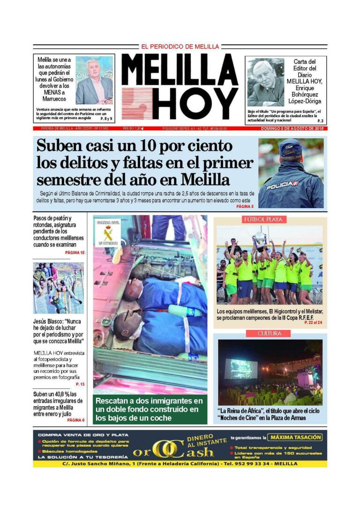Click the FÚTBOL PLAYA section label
[x=264, y=220]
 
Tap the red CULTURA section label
[x=270, y=334]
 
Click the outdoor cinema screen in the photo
[x=241, y=369]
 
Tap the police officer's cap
[x=291, y=148]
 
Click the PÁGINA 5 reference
[x=245, y=206]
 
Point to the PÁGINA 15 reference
[x=75, y=253]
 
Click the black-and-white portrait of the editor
[x=266, y=82]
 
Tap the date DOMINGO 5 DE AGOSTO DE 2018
[x=293, y=128]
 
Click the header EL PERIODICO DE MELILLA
[x=180, y=47]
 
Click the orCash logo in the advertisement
[x=173, y=450]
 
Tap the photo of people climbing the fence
[x=58, y=288]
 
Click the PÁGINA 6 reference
[x=75, y=420]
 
